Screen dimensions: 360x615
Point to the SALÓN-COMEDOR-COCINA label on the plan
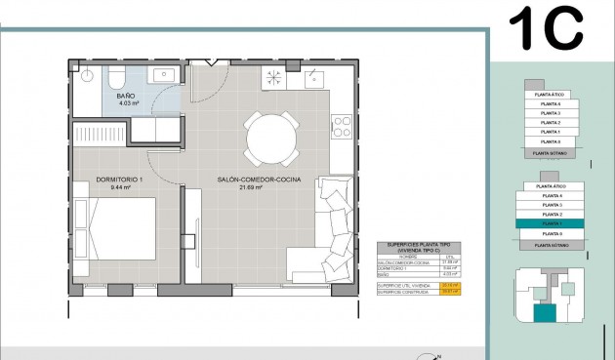(x=258, y=180)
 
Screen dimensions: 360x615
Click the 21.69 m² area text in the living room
(x=258, y=188)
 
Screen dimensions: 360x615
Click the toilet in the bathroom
(x=115, y=75)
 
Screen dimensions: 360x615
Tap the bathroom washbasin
(x=160, y=75)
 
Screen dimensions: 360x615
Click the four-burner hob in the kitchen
(x=342, y=126)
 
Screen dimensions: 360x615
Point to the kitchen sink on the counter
(x=274, y=78)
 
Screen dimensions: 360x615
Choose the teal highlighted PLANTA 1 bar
(x=552, y=223)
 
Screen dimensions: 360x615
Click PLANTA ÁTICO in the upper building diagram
(x=552, y=94)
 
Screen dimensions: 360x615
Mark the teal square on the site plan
(x=542, y=313)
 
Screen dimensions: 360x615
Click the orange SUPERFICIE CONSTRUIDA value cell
(x=449, y=291)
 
